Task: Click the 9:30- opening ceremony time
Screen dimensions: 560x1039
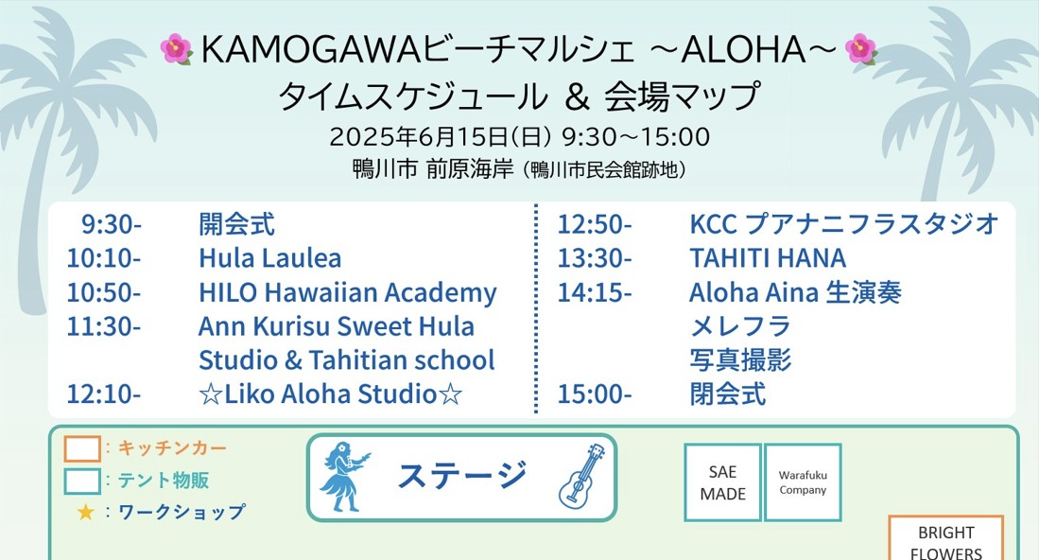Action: point(112,225)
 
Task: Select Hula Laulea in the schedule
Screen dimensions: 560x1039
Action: point(269,258)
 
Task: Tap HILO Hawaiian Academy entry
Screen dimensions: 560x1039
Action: point(347,292)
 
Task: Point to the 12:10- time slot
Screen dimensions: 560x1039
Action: point(103,394)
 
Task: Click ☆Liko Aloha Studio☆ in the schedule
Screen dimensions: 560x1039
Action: point(330,394)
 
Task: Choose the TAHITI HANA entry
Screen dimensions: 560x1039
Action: point(768,258)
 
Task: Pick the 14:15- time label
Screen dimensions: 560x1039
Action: point(594,292)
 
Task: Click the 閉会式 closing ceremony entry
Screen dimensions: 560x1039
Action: point(727,394)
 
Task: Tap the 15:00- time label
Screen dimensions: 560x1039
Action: point(594,394)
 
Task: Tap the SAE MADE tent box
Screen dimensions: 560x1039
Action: point(722,482)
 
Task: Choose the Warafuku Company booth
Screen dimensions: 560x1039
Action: point(803,482)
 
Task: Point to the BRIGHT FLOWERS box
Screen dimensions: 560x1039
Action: point(945,541)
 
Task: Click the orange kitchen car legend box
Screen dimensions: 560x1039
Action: point(82,448)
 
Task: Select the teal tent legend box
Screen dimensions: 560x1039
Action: point(82,481)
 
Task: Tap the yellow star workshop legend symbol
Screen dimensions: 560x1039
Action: point(85,513)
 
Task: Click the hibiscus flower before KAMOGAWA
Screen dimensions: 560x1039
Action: point(176,48)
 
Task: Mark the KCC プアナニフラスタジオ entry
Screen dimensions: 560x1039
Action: point(843,225)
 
